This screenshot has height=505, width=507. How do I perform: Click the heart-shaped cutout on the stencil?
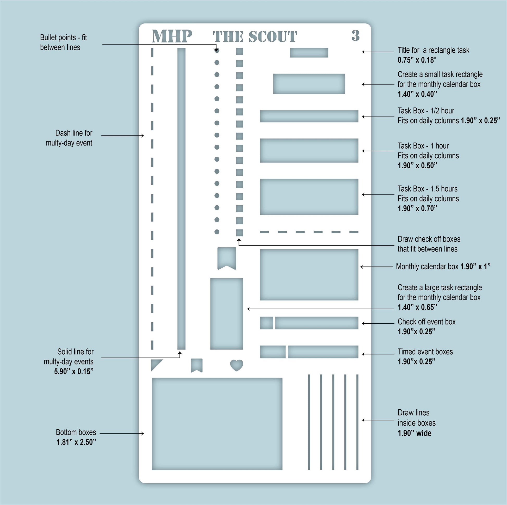pyautogui.click(x=237, y=365)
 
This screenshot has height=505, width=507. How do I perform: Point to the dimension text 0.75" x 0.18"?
pyautogui.click(x=417, y=60)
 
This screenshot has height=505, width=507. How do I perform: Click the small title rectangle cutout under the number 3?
pyautogui.click(x=309, y=52)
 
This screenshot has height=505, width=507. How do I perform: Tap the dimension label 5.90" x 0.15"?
pyautogui.click(x=74, y=371)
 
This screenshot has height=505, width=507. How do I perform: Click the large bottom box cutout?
pyautogui.click(x=217, y=424)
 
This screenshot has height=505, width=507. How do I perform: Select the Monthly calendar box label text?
pyautogui.click(x=427, y=266)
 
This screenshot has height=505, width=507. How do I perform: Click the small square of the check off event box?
pyautogui.click(x=266, y=323)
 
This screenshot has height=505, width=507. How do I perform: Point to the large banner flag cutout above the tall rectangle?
pyautogui.click(x=227, y=258)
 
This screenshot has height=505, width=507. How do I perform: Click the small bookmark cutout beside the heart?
pyautogui.click(x=196, y=365)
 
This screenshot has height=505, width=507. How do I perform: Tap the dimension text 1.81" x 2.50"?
pyautogui.click(x=76, y=442)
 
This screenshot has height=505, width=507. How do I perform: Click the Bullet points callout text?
pyautogui.click(x=63, y=42)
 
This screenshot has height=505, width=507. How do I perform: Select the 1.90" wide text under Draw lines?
pyautogui.click(x=414, y=433)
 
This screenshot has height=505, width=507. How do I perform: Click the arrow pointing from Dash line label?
pyautogui.click(x=122, y=136)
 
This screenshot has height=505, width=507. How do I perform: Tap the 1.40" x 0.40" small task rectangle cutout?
pyautogui.click(x=309, y=84)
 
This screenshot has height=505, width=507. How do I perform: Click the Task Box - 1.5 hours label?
pyautogui.click(x=427, y=189)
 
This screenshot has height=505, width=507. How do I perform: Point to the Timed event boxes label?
pyautogui.click(x=425, y=352)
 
